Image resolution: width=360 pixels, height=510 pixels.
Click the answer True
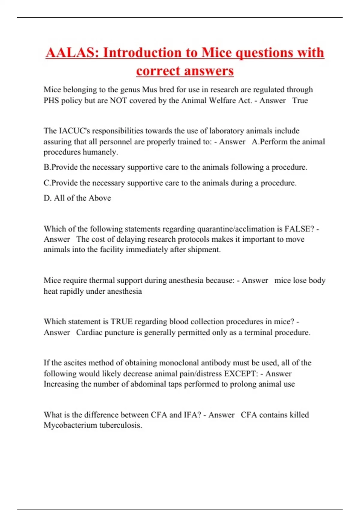[x=300, y=100]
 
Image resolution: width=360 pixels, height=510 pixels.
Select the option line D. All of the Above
[x=77, y=198]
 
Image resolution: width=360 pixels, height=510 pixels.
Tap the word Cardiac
[x=89, y=332]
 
